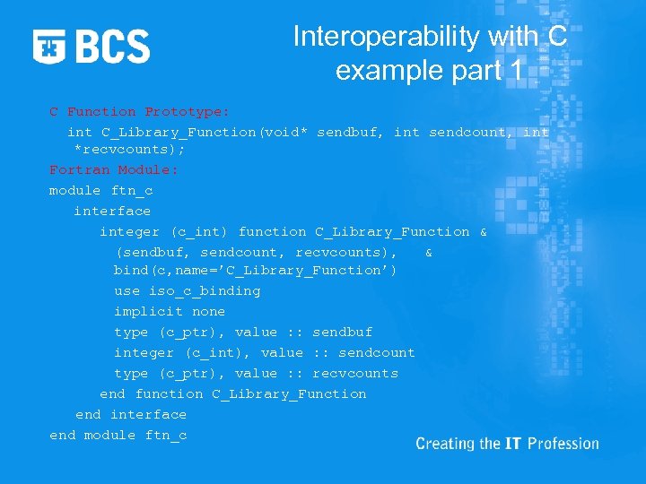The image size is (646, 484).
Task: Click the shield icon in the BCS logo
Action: tap(49, 46)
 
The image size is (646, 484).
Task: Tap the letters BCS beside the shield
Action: tap(112, 46)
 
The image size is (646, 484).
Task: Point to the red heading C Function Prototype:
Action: tap(139, 112)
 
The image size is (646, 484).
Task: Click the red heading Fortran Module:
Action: tap(114, 169)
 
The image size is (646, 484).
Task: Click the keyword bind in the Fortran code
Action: tap(131, 270)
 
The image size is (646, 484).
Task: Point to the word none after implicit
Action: tap(208, 311)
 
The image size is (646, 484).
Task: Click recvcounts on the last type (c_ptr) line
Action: tap(354, 373)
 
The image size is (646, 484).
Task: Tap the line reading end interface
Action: tap(131, 414)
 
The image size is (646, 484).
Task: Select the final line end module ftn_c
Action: tap(118, 435)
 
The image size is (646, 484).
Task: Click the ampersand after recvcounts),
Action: tap(429, 253)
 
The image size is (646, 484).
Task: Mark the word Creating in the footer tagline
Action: tap(444, 444)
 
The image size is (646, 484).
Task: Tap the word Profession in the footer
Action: tap(563, 444)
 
